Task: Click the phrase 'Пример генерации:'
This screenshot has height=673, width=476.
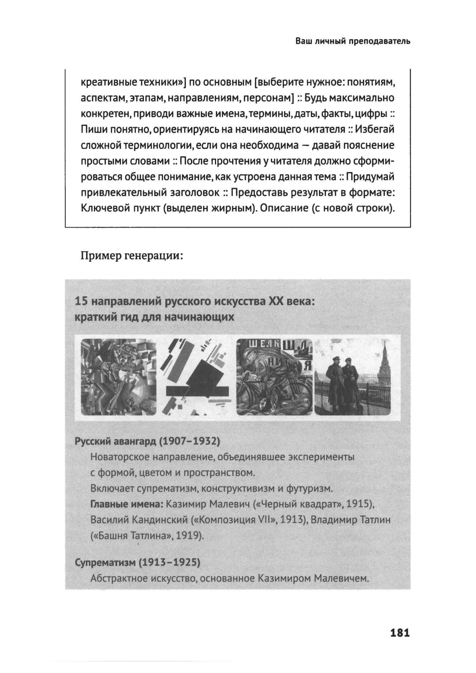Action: pos(132,256)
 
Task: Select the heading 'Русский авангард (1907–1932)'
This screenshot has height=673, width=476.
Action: pos(147,441)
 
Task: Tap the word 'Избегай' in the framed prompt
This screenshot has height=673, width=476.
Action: pos(375,129)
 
